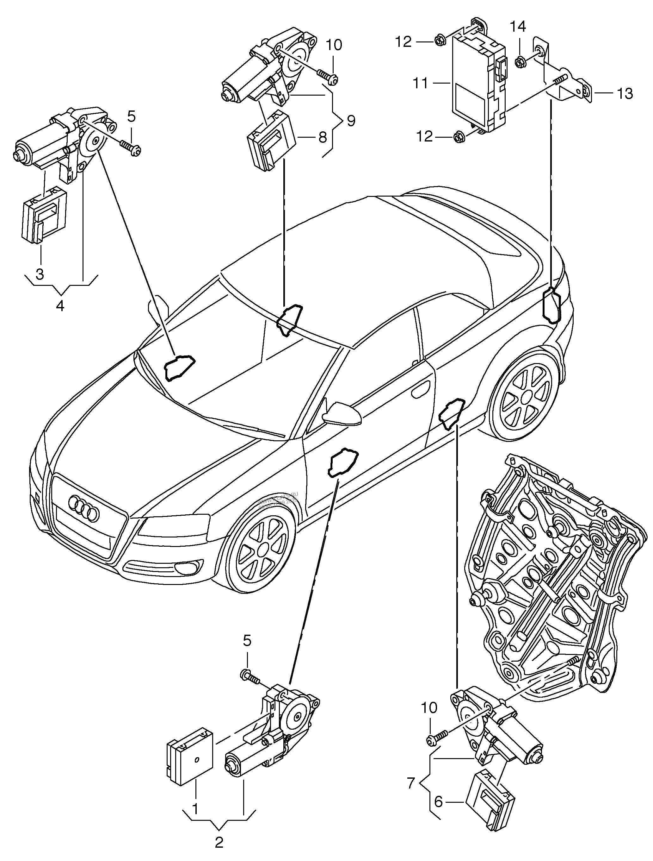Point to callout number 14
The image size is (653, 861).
coord(518,27)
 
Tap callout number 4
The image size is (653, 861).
coord(60,305)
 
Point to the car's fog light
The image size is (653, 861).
coord(188,566)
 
